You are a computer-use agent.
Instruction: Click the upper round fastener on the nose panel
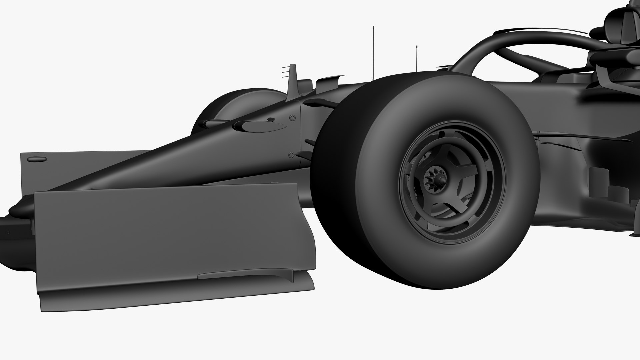[x=292, y=118]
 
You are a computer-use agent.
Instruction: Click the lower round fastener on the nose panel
[x=292, y=155]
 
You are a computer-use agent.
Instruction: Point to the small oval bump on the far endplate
[x=33, y=159]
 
